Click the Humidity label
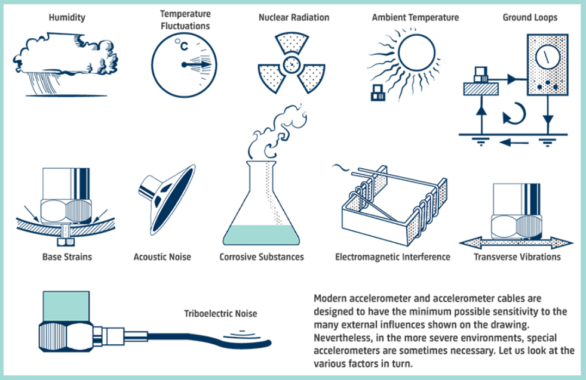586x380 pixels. coord(67,17)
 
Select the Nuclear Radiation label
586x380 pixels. coord(293,17)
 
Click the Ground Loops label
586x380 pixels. coord(530,17)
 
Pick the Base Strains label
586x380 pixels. coord(67,257)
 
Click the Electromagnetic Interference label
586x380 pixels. coord(392,257)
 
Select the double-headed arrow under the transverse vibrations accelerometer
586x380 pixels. coord(517,242)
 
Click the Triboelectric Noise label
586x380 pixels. coord(221,313)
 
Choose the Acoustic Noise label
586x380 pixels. coord(162,257)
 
